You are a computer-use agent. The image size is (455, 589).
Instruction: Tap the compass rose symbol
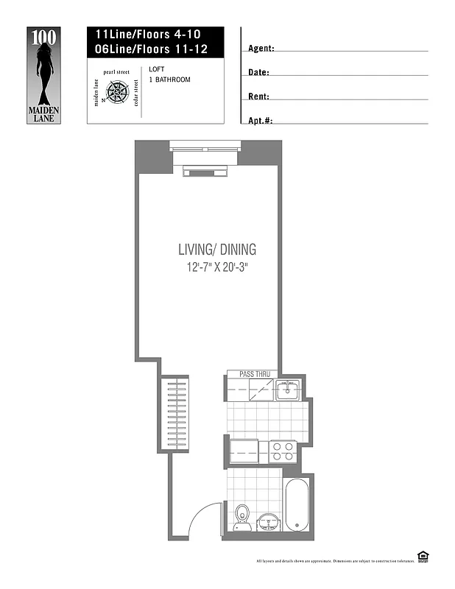(x=119, y=92)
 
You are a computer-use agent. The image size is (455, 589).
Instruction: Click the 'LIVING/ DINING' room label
(x=216, y=250)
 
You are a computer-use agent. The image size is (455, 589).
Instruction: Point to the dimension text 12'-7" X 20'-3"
(x=216, y=267)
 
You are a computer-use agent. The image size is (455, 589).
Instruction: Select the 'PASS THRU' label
(x=255, y=374)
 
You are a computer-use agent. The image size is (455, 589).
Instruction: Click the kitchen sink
(x=288, y=390)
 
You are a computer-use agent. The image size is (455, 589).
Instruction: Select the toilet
(x=242, y=515)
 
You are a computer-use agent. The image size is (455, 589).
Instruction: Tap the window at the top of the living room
(x=205, y=147)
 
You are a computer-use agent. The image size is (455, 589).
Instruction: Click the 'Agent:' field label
(x=261, y=49)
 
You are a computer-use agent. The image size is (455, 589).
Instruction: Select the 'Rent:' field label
(x=258, y=96)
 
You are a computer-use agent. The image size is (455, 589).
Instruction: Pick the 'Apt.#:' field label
(x=261, y=120)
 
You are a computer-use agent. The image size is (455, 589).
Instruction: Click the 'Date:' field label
(x=258, y=73)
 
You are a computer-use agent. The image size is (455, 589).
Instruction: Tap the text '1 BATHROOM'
(x=169, y=80)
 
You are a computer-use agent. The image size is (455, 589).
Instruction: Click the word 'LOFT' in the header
(x=157, y=69)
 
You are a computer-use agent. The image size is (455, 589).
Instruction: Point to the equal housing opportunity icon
(x=423, y=556)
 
